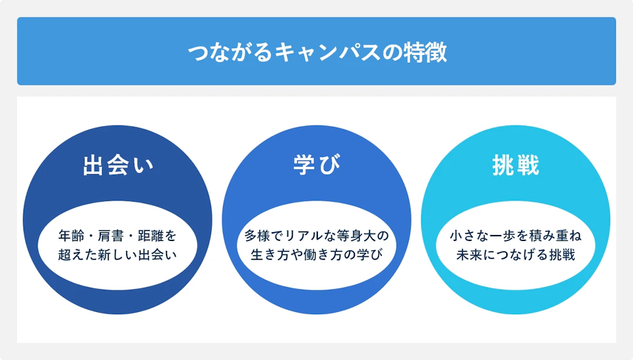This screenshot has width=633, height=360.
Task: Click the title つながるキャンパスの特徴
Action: [x=317, y=52]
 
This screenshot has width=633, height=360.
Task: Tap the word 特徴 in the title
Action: [x=426, y=52]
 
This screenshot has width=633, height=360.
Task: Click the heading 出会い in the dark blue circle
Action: [x=118, y=165]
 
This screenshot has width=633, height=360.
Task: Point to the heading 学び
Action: [x=317, y=165]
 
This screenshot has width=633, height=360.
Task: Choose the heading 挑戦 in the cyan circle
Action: [x=516, y=165]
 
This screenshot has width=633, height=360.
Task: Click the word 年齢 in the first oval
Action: [x=71, y=236]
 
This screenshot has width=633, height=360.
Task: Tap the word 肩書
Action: [x=111, y=236]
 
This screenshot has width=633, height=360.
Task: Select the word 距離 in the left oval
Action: [x=151, y=236]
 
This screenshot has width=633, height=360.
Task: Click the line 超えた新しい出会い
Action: [x=117, y=254]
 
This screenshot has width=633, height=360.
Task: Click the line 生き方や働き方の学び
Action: [x=317, y=254]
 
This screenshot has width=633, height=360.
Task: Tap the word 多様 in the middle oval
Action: [x=257, y=236]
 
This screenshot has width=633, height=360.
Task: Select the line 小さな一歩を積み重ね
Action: [x=516, y=236]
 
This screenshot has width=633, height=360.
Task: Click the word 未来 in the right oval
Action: [x=469, y=254]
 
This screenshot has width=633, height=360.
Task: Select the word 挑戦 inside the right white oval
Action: [x=562, y=254]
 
